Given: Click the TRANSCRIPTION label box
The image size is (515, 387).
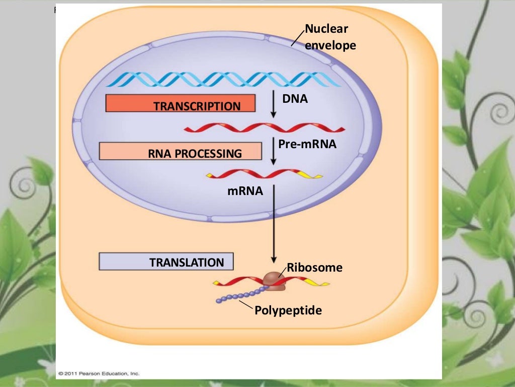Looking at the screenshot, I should [181, 103].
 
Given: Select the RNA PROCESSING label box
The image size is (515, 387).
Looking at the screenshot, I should [181, 151].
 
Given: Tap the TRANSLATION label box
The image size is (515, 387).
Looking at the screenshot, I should [166, 261].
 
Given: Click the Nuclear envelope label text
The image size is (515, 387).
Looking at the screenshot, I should [330, 38].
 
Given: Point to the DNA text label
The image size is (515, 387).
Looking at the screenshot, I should [295, 99].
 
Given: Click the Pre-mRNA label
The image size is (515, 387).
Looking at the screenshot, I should [307, 144].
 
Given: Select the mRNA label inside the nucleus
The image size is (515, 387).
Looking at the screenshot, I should [245, 191].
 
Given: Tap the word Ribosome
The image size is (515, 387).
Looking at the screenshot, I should [314, 268].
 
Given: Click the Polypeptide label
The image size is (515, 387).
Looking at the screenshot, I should [288, 310].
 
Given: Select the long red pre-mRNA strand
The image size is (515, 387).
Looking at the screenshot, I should [264, 128].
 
